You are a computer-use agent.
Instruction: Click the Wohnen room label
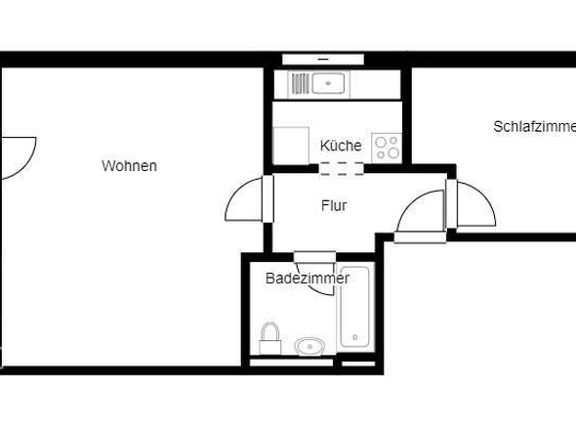129,166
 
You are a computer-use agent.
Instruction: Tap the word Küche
341,146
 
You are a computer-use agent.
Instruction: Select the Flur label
334,205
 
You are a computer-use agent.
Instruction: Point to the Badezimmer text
308,279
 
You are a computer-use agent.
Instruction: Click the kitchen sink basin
329,83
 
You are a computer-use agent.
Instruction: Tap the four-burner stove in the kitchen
387,147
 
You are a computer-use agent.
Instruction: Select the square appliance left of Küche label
290,146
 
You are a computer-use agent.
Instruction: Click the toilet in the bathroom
270,337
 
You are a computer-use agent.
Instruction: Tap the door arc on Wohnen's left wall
17,156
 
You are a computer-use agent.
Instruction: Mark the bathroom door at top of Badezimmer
314,258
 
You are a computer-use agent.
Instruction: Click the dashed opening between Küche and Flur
342,167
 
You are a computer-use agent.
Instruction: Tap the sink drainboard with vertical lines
300,83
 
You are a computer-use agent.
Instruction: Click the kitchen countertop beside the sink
377,83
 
